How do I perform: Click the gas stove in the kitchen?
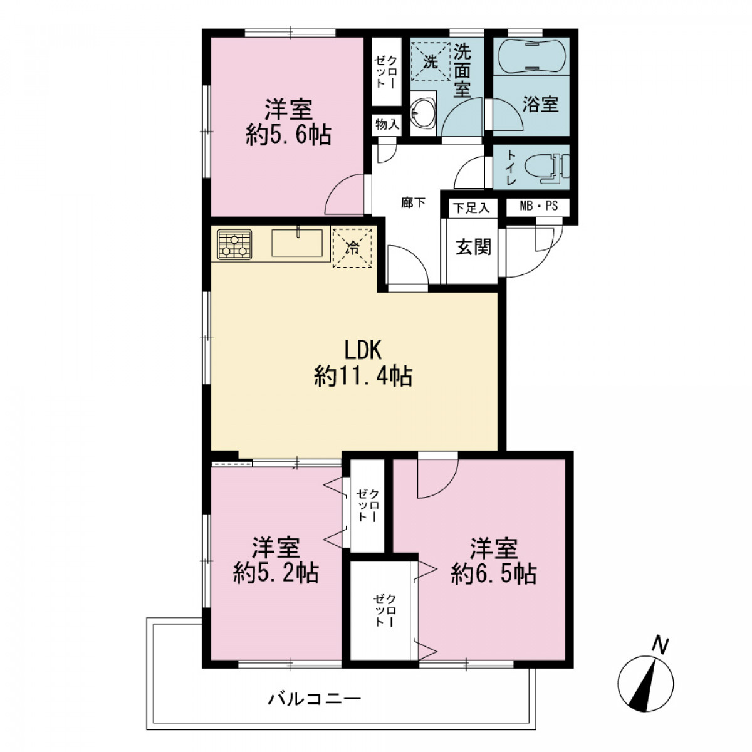[x=234, y=244]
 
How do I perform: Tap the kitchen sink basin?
[x=297, y=243]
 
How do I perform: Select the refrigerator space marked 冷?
[x=352, y=248]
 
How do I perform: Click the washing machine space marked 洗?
[x=431, y=61]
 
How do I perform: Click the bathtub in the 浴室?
[x=531, y=56]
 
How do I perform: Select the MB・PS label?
[x=538, y=206]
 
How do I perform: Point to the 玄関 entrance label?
[x=473, y=247]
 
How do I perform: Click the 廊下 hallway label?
[x=413, y=203]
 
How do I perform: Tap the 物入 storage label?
[x=387, y=125]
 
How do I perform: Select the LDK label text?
[x=363, y=350]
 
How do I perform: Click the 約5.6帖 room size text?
[x=289, y=136]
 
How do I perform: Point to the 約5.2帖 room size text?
[x=276, y=573]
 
